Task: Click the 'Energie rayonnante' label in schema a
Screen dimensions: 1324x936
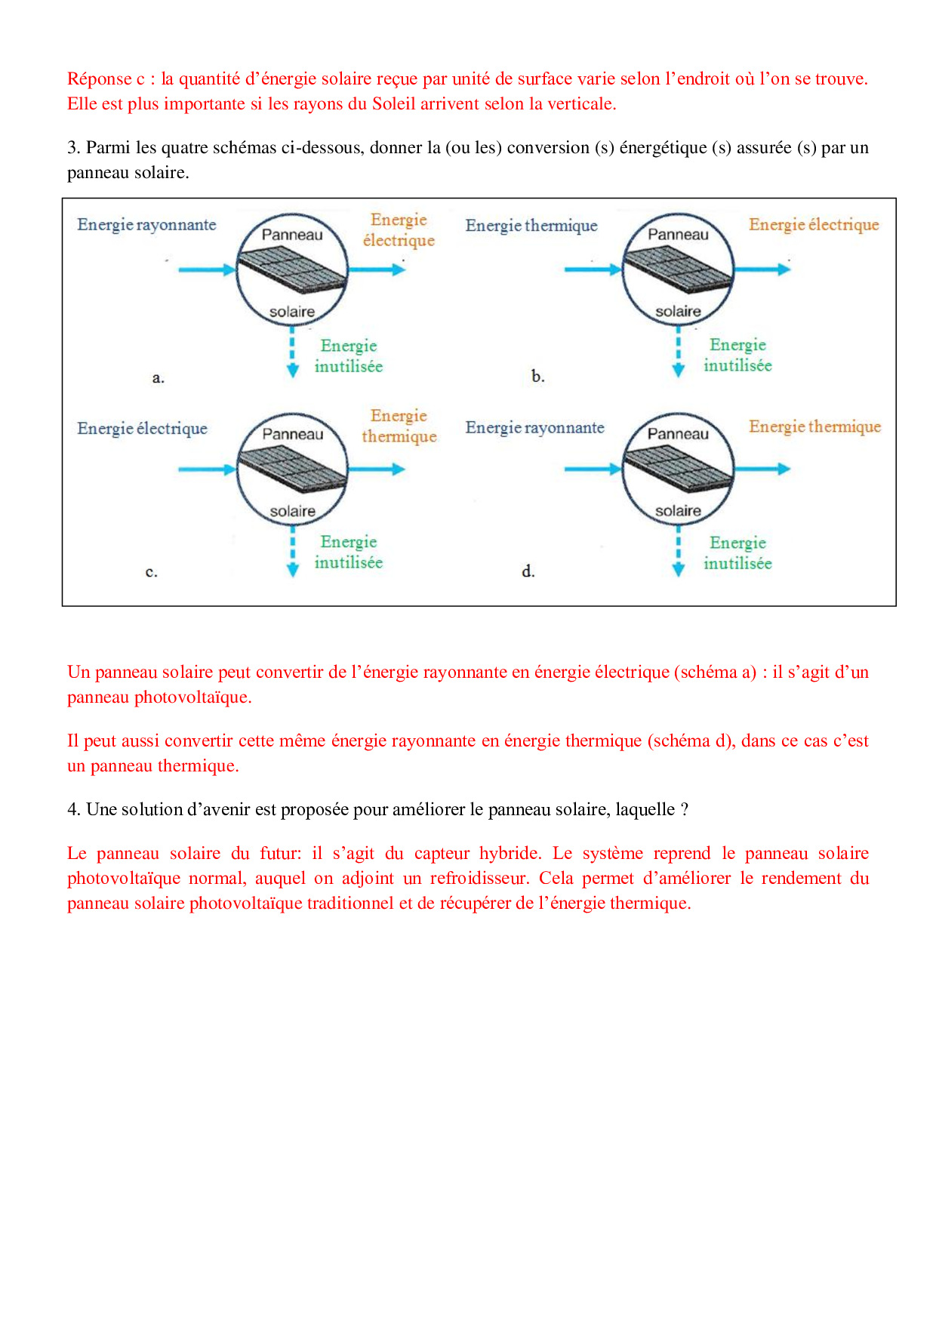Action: coord(146,225)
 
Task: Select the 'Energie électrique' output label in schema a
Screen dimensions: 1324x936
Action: coord(399,230)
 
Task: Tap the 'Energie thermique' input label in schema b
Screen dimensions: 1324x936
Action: coord(531,226)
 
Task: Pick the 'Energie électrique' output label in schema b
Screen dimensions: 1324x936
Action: coord(814,225)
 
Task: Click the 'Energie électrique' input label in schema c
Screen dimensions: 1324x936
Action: coord(142,429)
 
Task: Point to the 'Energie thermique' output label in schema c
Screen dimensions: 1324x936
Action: coord(399,426)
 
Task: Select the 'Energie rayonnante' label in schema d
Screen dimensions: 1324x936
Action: coord(534,428)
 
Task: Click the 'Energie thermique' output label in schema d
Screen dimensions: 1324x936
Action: coord(814,427)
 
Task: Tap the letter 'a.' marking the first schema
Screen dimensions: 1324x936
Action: coord(158,378)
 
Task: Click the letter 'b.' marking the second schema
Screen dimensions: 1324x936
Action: coord(537,377)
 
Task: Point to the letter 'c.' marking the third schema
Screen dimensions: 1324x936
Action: coord(152,572)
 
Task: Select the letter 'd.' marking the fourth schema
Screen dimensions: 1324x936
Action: coord(528,571)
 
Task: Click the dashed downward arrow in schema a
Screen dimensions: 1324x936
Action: coord(293,353)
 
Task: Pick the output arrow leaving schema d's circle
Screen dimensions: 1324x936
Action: coord(762,469)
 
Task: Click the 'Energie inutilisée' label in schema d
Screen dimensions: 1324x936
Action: coord(737,553)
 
